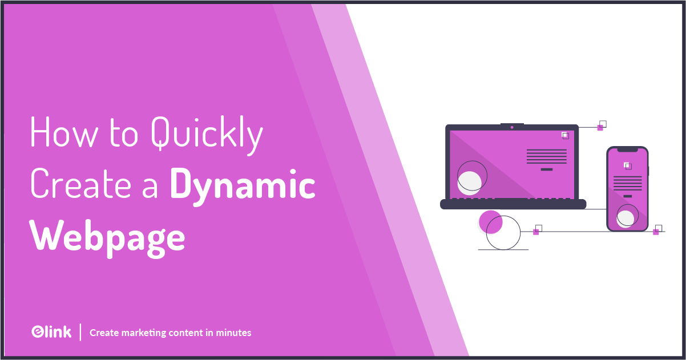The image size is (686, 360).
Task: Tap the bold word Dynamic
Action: tap(243, 185)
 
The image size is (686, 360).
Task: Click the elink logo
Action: tap(51, 332)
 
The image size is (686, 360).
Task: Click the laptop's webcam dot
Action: tap(512, 127)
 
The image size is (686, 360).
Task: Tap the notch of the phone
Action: tap(628, 150)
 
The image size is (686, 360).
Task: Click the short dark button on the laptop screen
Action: tap(546, 169)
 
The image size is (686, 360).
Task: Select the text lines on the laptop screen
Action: tap(546, 156)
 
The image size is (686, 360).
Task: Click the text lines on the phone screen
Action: tap(627, 183)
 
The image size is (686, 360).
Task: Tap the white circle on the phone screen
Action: tap(626, 218)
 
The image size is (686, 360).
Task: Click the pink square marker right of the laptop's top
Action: tap(600, 128)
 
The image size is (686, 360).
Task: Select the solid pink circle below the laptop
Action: tap(490, 222)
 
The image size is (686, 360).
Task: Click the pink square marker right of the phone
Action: tap(656, 232)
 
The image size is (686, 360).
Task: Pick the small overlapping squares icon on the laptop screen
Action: tap(565, 135)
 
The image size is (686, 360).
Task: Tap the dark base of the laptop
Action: tap(513, 204)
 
